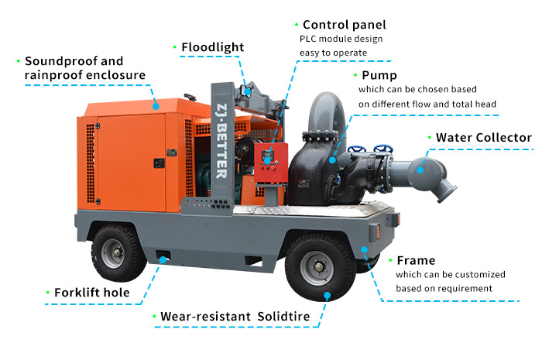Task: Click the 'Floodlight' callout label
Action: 213,47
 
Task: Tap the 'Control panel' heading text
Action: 345,25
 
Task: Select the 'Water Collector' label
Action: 483,138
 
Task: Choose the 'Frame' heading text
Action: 415,260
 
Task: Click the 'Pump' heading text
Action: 379,76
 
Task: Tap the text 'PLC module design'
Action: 341,39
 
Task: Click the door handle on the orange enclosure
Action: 158,163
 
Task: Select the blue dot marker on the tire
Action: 328,295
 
